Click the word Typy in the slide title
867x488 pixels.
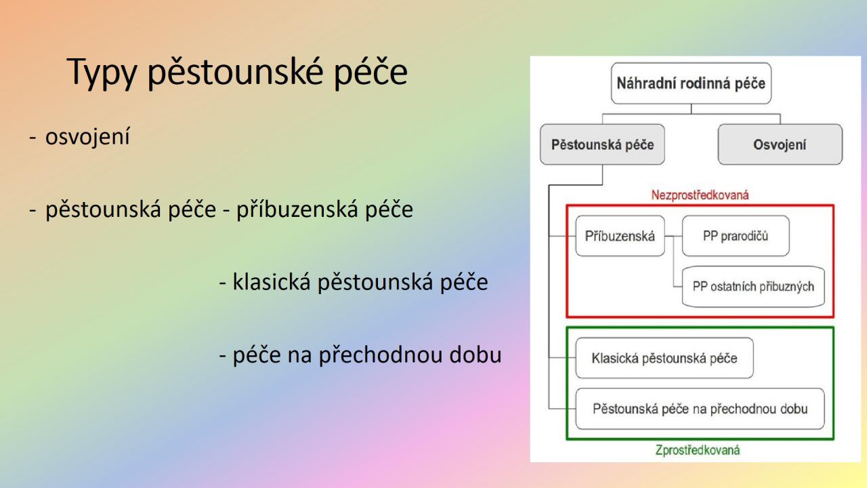click(102, 73)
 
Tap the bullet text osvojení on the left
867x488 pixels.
click(87, 136)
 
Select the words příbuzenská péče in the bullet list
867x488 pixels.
click(324, 209)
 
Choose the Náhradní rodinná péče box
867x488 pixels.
click(691, 83)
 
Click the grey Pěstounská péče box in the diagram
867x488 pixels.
click(602, 144)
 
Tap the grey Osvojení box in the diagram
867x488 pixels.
click(780, 144)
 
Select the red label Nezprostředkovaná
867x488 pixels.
click(700, 195)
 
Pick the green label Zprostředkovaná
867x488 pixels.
click(698, 450)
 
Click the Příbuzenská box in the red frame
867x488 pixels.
click(620, 236)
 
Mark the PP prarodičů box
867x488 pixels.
click(736, 236)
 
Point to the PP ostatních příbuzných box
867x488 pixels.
click(753, 287)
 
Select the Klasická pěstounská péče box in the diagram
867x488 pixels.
click(664, 358)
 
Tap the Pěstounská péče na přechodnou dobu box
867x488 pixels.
click(700, 409)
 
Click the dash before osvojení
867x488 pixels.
click(33, 137)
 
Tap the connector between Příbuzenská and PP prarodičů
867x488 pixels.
click(673, 236)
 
